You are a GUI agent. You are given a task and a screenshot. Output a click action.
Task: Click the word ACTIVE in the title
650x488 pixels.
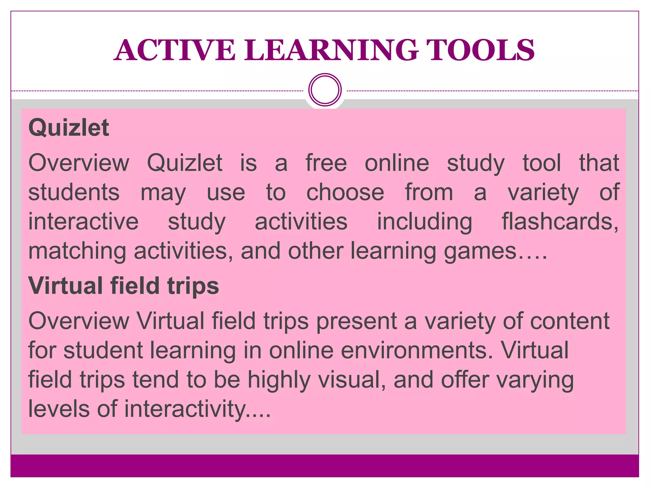click(x=175, y=50)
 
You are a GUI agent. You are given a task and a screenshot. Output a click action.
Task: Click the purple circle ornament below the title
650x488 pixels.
click(x=325, y=90)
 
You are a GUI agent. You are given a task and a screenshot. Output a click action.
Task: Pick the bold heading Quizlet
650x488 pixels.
click(x=69, y=128)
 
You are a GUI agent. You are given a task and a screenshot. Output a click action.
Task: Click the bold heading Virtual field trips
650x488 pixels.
click(x=123, y=286)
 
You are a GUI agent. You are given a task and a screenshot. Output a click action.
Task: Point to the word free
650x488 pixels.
click(x=326, y=163)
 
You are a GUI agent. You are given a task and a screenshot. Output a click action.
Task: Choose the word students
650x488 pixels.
click(x=74, y=192)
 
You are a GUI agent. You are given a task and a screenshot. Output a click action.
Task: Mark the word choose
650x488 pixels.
click(x=345, y=192)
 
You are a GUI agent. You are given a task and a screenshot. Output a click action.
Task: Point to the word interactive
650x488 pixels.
click(x=83, y=221)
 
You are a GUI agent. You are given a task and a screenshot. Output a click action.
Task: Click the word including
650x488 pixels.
click(x=424, y=221)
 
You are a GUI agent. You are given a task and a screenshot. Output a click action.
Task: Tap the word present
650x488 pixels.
click(x=357, y=321)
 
